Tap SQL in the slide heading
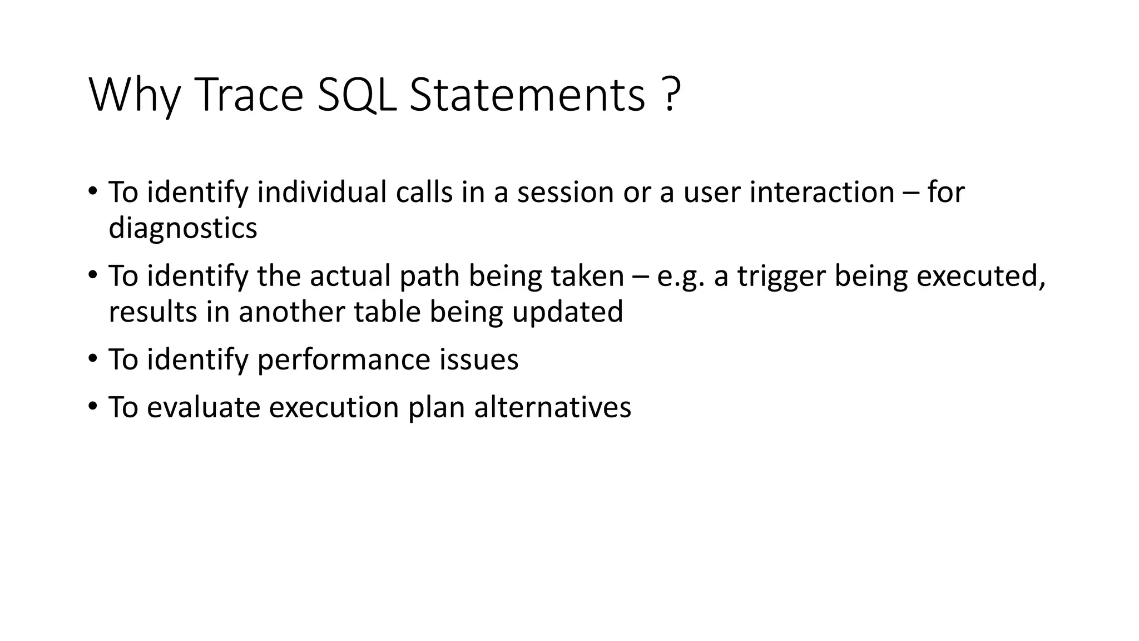tap(356, 95)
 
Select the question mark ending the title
tap(671, 95)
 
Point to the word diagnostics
tap(182, 228)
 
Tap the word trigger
tap(781, 277)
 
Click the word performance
tap(343, 359)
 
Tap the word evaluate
tap(203, 407)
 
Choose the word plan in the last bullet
tap(436, 407)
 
